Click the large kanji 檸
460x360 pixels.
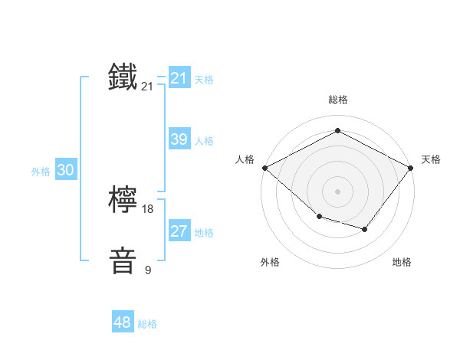click(123, 201)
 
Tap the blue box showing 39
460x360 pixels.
click(179, 139)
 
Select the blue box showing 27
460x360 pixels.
click(179, 231)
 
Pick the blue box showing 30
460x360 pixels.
click(65, 170)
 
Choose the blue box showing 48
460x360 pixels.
click(122, 322)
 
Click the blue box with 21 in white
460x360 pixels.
click(179, 78)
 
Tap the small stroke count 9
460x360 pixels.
click(148, 270)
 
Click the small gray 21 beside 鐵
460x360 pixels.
click(147, 87)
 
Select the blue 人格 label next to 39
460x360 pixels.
click(204, 141)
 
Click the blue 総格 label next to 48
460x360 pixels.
click(147, 324)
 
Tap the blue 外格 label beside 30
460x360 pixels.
click(41, 172)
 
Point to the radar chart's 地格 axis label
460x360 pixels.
click(402, 262)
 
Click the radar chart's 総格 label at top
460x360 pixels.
click(337, 100)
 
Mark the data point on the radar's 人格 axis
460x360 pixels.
click(264, 167)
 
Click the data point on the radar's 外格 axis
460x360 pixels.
click(319, 217)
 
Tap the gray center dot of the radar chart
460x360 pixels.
click(337, 191)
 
